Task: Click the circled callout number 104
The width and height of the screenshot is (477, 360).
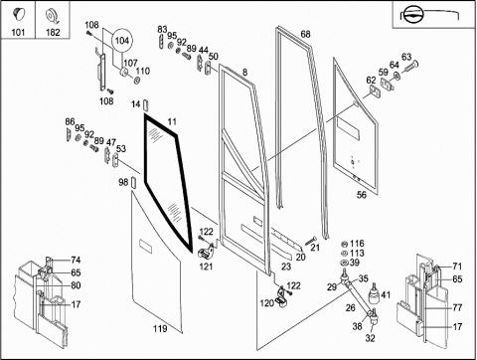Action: pos(122,41)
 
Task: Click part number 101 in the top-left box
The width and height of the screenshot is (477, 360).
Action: pos(18,32)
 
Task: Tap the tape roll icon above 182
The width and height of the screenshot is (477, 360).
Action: pos(53,16)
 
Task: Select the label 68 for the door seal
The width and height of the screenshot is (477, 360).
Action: pos(305,34)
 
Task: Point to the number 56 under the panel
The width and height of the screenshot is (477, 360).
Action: pos(362,195)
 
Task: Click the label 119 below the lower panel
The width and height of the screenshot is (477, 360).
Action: pos(160,328)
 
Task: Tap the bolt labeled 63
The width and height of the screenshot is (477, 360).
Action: pos(411,67)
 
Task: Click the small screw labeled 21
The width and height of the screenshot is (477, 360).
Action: pos(309,241)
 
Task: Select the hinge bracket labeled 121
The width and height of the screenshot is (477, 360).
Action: pos(206,253)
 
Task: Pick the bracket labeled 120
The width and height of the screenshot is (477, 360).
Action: pos(281,296)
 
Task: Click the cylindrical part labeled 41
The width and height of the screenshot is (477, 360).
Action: pos(374,293)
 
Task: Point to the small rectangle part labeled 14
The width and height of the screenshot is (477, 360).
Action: pos(146,105)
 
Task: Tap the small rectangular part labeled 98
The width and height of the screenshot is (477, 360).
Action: pos(133,182)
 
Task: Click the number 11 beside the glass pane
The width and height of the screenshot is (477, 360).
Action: pos(172,121)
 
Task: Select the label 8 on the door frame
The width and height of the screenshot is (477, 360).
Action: pos(244,72)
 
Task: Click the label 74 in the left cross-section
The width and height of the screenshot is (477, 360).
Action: pos(76,260)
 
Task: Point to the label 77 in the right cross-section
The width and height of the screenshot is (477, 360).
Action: pos(457,307)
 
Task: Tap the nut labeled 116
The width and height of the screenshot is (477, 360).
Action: pos(344,245)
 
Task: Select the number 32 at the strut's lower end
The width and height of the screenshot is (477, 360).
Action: pos(370,338)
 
